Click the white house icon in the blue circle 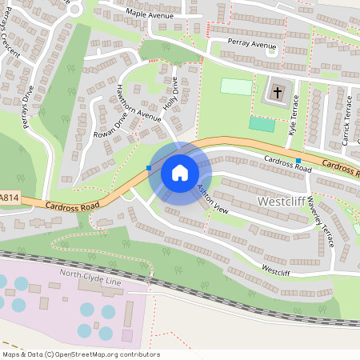(179, 173)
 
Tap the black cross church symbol (278, 93)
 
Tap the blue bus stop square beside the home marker (149, 168)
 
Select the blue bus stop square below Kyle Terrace (298, 161)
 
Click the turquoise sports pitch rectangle (261, 124)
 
